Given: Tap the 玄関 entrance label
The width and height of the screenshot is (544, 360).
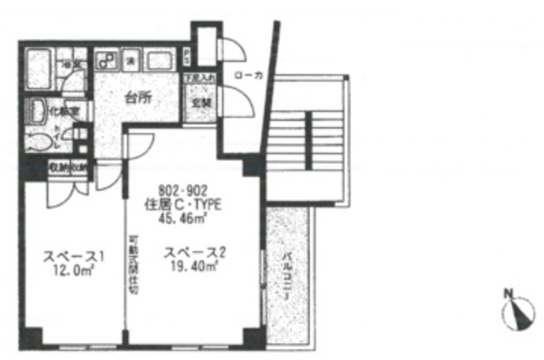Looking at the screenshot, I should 198,103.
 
